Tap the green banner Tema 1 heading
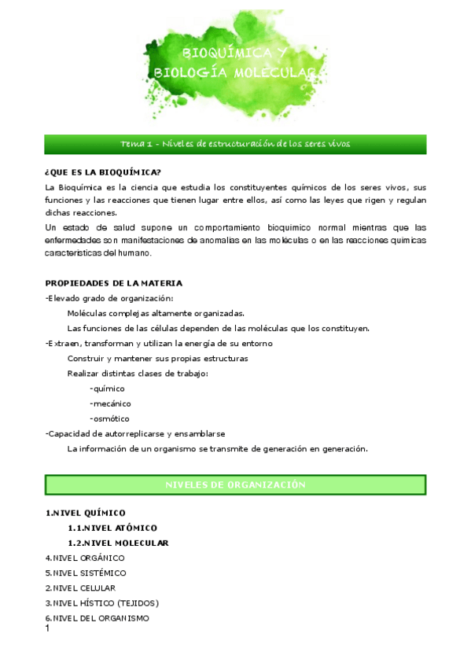click(235, 144)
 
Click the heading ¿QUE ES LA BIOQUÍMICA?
click(103, 172)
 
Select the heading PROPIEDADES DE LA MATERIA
click(113, 282)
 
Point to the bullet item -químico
click(107, 389)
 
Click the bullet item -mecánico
click(110, 404)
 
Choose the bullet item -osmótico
click(109, 418)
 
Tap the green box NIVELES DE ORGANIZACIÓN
click(235, 485)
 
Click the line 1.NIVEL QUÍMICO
click(85, 513)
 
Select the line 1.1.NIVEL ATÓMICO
click(112, 528)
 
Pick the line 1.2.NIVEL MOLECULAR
click(118, 543)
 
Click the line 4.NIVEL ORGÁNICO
click(84, 558)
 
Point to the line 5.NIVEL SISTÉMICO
click(85, 573)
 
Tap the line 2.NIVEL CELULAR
click(80, 588)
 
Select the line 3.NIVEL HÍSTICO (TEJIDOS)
click(101, 603)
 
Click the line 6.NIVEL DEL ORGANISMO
click(97, 617)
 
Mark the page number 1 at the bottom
click(48, 628)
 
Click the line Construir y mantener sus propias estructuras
click(157, 358)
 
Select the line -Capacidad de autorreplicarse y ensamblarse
click(135, 433)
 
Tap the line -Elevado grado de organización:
click(109, 298)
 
